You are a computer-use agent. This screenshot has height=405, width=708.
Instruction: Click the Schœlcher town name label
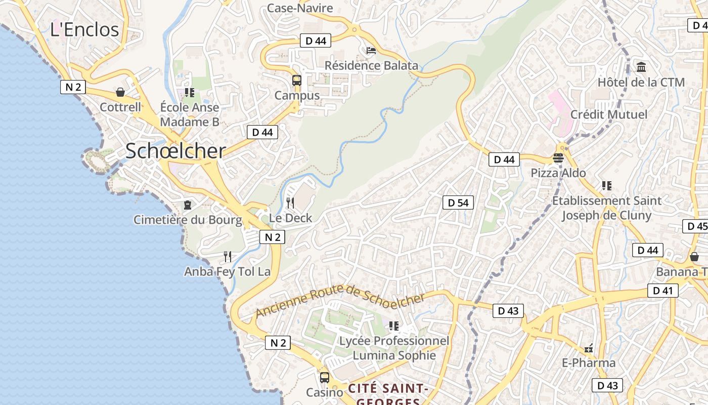pyautogui.click(x=175, y=151)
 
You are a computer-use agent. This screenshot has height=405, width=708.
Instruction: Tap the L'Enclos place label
pyautogui.click(x=84, y=29)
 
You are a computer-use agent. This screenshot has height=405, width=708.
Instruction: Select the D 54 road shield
pyautogui.click(x=458, y=203)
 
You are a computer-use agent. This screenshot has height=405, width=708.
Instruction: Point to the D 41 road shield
pyautogui.click(x=662, y=291)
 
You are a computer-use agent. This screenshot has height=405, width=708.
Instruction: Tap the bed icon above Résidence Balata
pyautogui.click(x=371, y=51)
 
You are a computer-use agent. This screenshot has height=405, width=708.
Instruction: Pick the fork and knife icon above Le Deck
pyautogui.click(x=290, y=203)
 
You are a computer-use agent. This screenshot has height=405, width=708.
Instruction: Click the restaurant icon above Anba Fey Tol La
pyautogui.click(x=228, y=257)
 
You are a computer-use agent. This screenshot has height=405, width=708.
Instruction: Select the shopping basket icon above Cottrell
pyautogui.click(x=120, y=92)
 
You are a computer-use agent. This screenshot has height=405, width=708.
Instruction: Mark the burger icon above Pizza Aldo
pyautogui.click(x=558, y=158)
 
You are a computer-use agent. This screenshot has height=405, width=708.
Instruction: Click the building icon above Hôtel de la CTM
pyautogui.click(x=641, y=67)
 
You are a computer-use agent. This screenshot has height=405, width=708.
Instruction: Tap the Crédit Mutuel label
pyautogui.click(x=609, y=114)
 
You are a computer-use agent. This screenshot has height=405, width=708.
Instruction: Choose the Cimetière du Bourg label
pyautogui.click(x=188, y=220)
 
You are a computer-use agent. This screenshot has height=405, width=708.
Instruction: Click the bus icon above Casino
pyautogui.click(x=325, y=378)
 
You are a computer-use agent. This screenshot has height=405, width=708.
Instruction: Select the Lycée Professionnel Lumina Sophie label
pyautogui.click(x=394, y=348)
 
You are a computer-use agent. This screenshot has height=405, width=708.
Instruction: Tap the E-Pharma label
pyautogui.click(x=589, y=363)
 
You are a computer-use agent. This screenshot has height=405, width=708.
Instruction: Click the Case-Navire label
pyautogui.click(x=300, y=8)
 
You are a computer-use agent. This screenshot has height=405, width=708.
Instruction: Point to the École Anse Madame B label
pyautogui.click(x=190, y=114)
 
